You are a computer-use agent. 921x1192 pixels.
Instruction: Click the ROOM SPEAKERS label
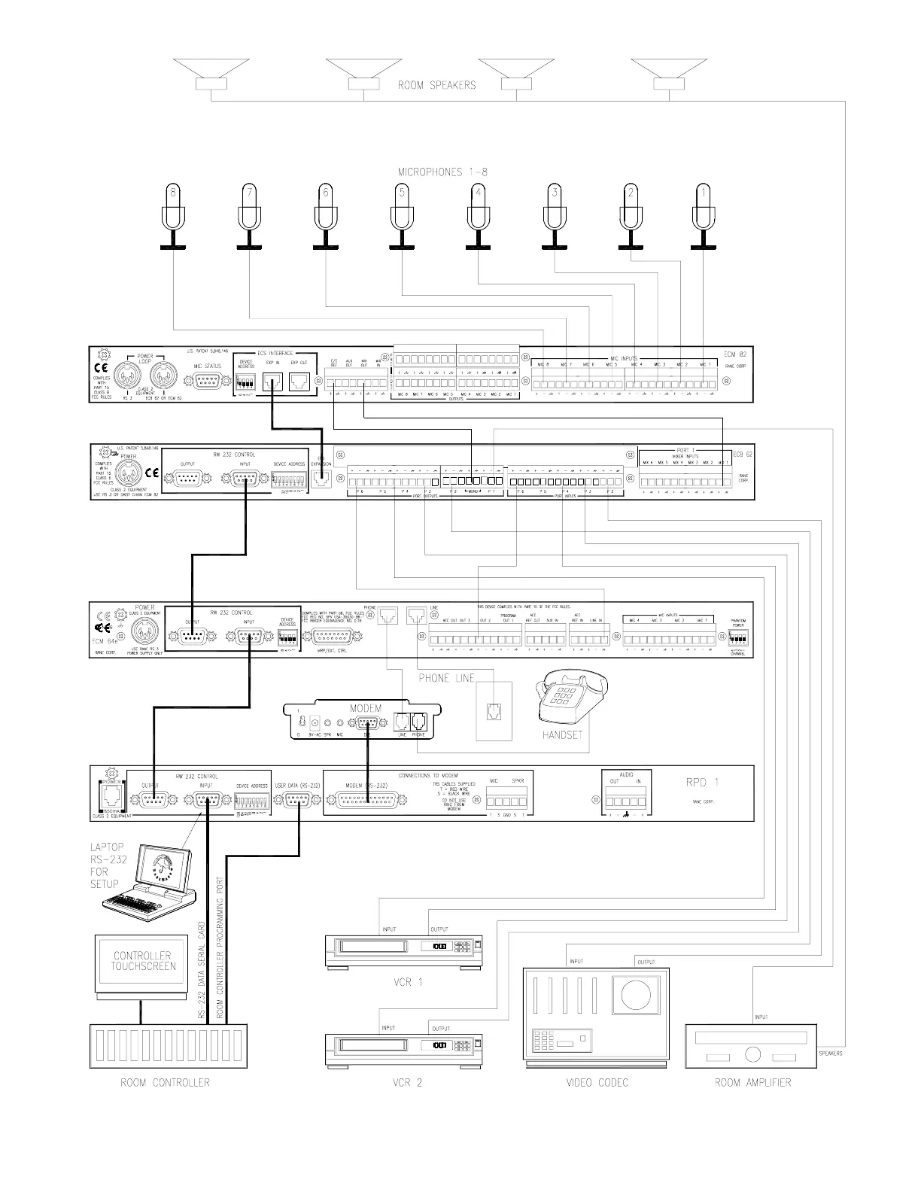436,85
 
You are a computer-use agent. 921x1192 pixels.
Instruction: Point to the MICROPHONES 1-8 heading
442,172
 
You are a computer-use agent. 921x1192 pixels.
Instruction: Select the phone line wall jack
494,711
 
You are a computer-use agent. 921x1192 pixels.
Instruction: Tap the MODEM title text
366,709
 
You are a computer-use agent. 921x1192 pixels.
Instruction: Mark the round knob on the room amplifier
752,1055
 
